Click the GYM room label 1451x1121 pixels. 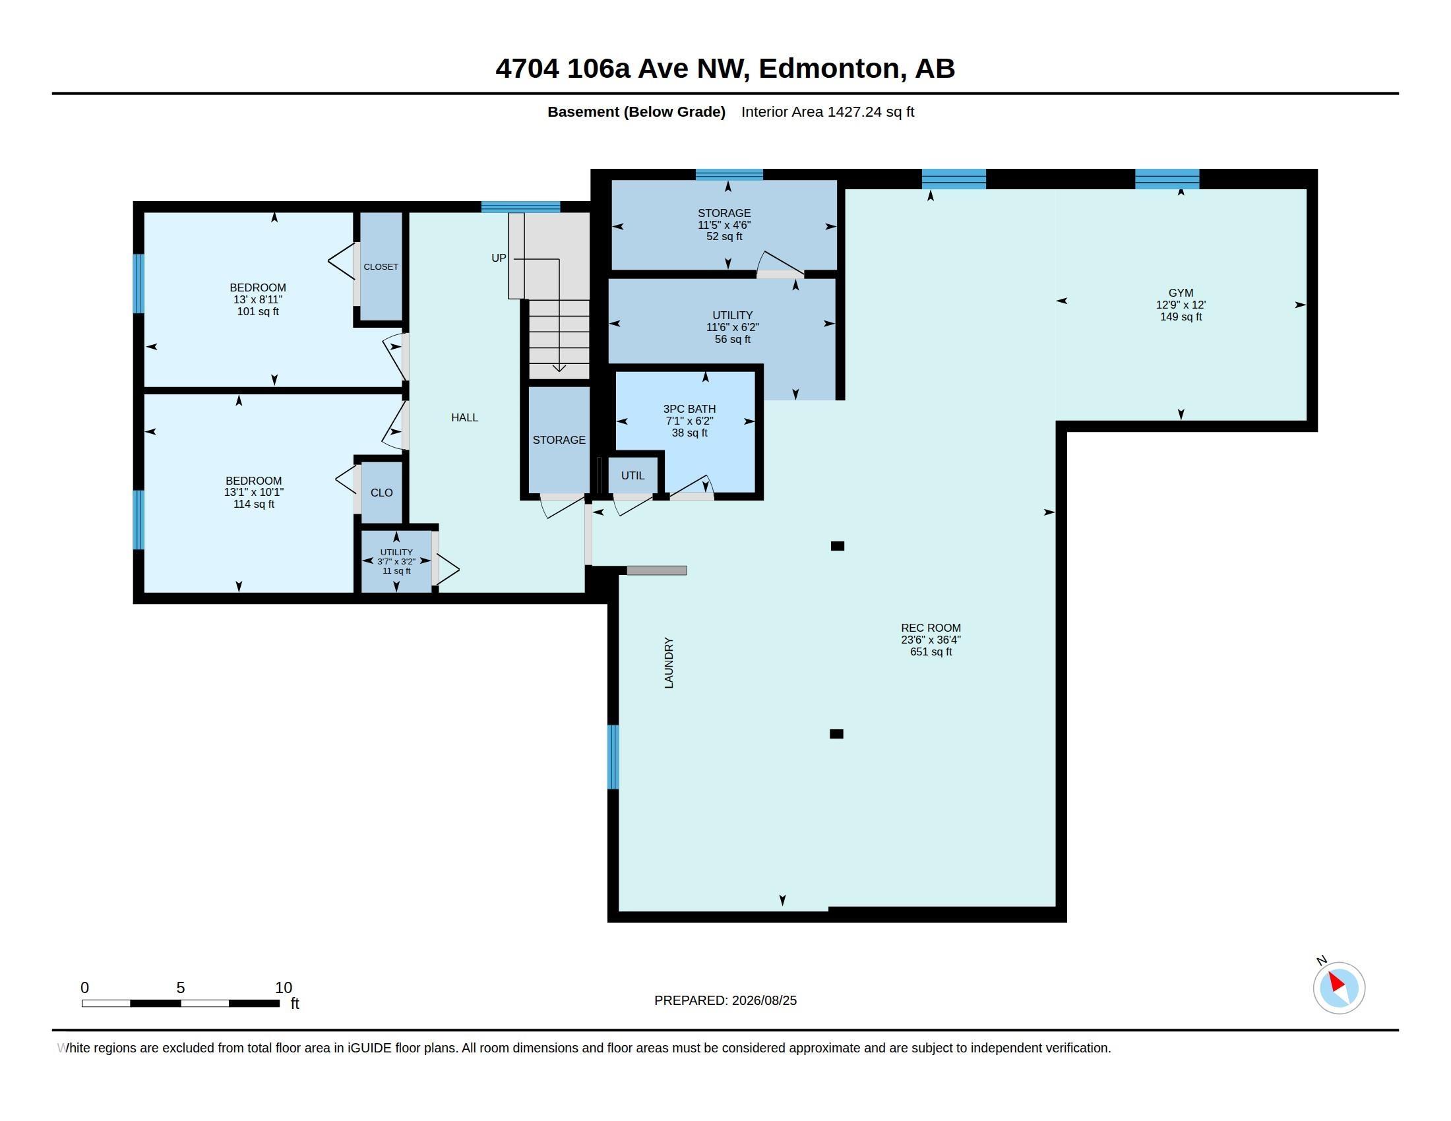1181,293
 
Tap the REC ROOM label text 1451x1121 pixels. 931,628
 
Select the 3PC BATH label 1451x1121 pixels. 690,409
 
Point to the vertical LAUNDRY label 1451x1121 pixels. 669,663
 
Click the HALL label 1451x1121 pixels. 464,417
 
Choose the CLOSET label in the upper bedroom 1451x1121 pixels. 381,267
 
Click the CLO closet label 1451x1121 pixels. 381,493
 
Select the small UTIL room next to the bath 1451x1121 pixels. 633,475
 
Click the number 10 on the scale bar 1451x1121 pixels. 284,988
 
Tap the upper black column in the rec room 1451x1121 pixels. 838,546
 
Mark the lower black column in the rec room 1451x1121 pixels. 836,734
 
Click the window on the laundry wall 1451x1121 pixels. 613,757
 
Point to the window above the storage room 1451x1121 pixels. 729,175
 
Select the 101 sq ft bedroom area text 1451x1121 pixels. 258,311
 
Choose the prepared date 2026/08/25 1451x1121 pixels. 764,1001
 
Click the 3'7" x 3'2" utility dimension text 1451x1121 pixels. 396,562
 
